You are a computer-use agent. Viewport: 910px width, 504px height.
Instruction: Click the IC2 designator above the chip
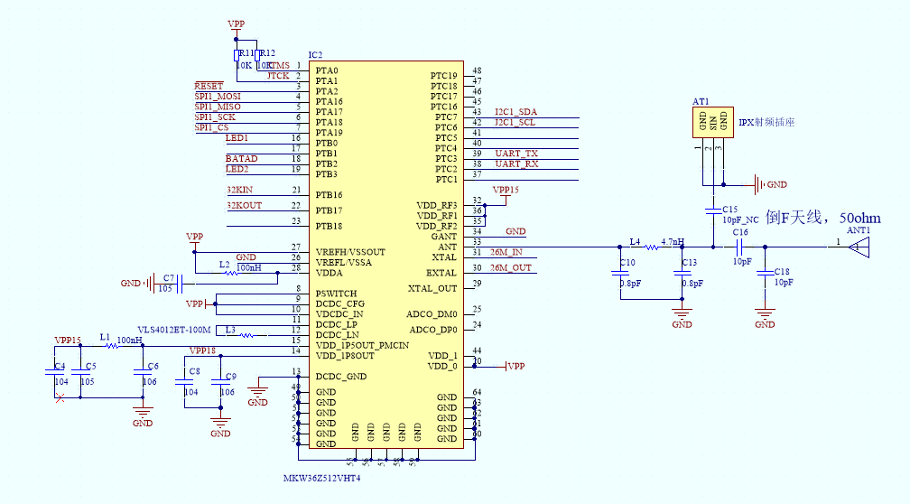coord(315,56)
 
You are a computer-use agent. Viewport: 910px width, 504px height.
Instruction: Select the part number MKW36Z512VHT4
coord(321,477)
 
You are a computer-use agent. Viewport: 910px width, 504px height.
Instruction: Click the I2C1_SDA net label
coord(515,112)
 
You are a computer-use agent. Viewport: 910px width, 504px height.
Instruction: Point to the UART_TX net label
coord(515,154)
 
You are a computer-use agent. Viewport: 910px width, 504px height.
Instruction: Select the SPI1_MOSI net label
coord(218,97)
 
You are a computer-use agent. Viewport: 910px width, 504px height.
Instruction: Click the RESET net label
coord(209,86)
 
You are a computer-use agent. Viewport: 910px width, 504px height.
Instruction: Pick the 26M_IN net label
coord(506,252)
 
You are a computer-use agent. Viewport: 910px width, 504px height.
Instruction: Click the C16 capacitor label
coord(740,233)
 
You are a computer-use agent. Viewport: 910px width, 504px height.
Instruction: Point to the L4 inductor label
coord(635,242)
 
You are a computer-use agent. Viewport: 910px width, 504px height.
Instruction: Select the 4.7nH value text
coord(673,242)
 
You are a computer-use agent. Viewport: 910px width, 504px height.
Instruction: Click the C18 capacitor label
coord(782,272)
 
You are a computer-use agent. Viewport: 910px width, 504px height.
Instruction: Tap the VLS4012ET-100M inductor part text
coord(173,330)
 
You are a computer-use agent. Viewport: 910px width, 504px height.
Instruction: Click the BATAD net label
coord(241,159)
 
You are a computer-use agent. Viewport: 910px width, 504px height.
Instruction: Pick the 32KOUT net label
coord(244,206)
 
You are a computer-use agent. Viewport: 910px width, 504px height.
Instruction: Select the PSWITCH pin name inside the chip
coord(336,294)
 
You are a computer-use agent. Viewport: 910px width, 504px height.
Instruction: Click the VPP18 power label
coord(202,350)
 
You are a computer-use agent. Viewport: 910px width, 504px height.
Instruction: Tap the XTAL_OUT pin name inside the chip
coord(432,287)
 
